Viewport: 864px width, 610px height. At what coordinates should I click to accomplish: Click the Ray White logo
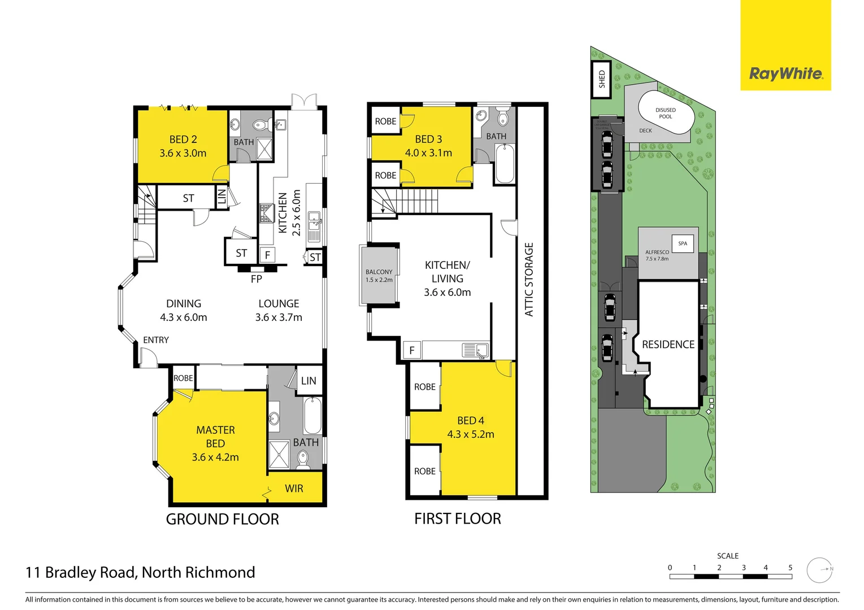coord(785,73)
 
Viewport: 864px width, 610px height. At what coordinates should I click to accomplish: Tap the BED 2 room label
coord(183,140)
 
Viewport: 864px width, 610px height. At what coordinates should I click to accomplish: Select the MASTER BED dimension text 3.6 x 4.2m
coord(215,457)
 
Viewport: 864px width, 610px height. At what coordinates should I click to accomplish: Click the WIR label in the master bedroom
coord(294,489)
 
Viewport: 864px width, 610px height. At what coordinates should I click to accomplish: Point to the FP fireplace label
coord(256,279)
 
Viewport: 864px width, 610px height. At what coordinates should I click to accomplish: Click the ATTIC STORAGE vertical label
coord(529,280)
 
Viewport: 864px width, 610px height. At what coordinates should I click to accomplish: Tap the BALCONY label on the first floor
coord(379,272)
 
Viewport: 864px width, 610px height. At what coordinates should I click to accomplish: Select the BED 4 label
coord(470,421)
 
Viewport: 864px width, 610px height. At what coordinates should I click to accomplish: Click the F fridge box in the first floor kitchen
coord(412,350)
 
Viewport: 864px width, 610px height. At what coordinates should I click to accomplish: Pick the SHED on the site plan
coord(601,79)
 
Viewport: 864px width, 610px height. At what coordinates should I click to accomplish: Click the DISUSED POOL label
coord(665,114)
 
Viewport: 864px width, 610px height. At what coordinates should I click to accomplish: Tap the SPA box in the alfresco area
coord(683,243)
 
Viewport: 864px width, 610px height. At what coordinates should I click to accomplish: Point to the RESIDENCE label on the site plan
coord(668,345)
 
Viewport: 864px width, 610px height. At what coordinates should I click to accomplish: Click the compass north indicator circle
coord(819,570)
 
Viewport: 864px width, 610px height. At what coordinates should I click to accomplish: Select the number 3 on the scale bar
coord(743,568)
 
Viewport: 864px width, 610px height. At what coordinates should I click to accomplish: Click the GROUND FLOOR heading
coord(222,519)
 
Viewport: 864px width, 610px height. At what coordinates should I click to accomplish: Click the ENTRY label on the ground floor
coord(155,340)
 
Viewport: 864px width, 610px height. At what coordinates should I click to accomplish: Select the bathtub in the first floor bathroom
coord(504,164)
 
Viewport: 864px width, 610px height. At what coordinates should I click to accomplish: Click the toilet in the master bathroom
coord(303,460)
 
